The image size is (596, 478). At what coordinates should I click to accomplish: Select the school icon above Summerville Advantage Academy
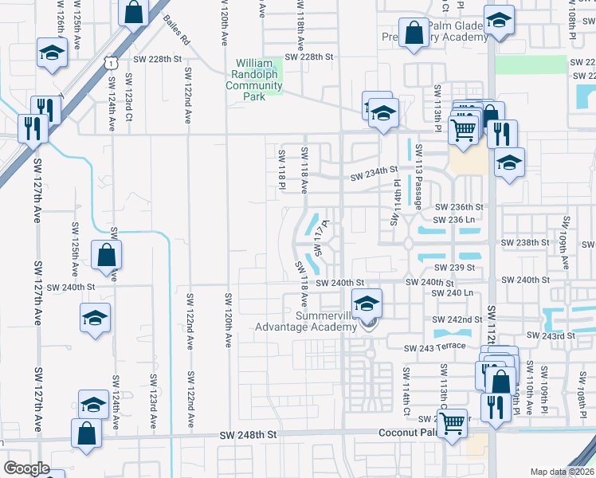pyautogui.click(x=367, y=304)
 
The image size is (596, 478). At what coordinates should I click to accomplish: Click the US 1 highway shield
pyautogui.click(x=112, y=59)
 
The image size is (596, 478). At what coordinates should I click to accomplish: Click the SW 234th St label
pyautogui.click(x=374, y=170)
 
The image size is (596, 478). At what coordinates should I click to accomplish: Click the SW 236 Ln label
pyautogui.click(x=453, y=219)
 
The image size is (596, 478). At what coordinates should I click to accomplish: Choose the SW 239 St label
pyautogui.click(x=454, y=268)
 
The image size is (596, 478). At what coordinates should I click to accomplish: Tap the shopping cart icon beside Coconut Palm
pyautogui.click(x=453, y=422)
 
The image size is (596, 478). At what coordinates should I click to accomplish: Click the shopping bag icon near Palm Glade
pyautogui.click(x=414, y=34)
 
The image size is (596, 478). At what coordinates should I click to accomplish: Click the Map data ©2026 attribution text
pyautogui.click(x=563, y=472)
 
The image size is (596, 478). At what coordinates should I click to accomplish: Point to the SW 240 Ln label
pyautogui.click(x=452, y=293)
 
